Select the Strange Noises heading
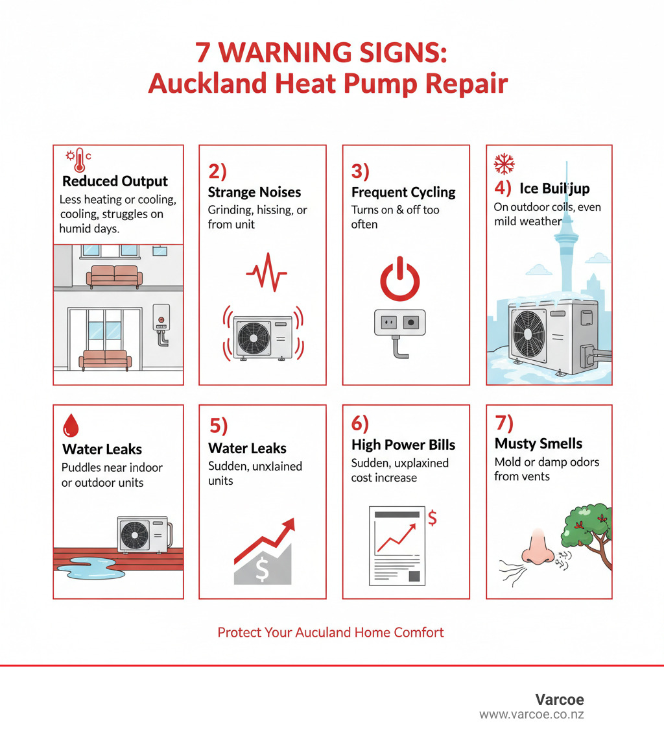[254, 192]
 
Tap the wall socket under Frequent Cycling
[399, 322]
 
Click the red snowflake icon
[504, 165]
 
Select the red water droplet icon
[71, 426]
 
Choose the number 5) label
[219, 425]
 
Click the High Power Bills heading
[403, 445]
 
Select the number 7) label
[504, 423]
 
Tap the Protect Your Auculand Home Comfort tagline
[331, 632]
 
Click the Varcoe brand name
[560, 700]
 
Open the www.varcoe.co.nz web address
[532, 715]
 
